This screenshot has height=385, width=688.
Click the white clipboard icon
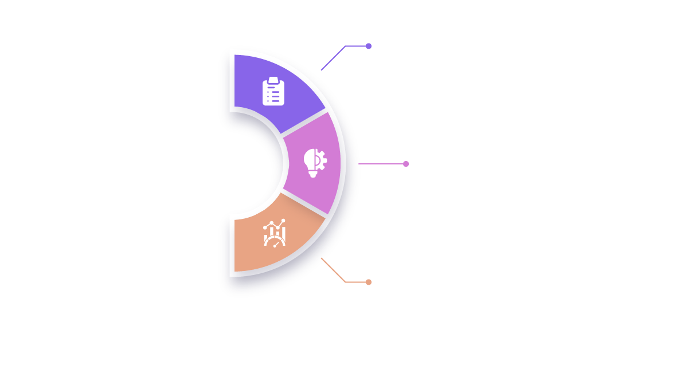click(x=273, y=92)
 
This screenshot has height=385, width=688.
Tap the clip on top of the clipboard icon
click(x=273, y=80)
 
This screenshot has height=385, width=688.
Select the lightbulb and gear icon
click(x=315, y=163)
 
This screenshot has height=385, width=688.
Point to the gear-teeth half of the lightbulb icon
click(x=322, y=160)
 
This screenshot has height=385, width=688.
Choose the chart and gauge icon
click(x=274, y=233)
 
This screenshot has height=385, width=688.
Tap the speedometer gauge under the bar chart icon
click(x=274, y=242)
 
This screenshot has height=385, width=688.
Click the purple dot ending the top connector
click(x=369, y=46)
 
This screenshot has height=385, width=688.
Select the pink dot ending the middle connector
click(x=406, y=164)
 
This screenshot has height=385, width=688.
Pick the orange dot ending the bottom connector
click(x=369, y=282)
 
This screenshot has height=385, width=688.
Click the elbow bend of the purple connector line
click(x=345, y=46)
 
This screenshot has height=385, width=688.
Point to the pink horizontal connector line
click(x=381, y=164)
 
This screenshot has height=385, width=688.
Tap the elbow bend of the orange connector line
click(x=345, y=281)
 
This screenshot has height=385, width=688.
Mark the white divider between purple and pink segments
click(x=304, y=122)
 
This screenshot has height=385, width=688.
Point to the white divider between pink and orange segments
click(x=304, y=205)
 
